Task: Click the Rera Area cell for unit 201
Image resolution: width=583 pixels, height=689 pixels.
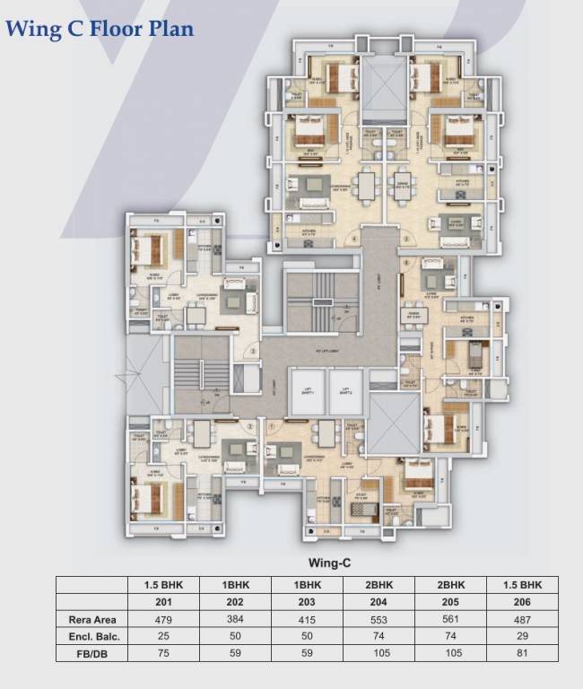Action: [x=163, y=619]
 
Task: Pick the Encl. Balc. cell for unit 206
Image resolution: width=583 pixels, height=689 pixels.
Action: [x=523, y=636]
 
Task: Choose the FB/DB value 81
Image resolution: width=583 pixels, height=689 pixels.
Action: [x=523, y=653]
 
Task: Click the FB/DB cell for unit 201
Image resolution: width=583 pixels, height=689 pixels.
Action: [x=163, y=653]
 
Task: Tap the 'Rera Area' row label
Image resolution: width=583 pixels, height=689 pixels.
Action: [x=93, y=619]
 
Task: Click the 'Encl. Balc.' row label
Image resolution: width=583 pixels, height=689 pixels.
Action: [x=93, y=636]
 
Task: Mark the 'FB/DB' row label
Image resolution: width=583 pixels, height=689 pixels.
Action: [x=93, y=653]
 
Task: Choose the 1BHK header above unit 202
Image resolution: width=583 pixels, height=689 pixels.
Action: [x=235, y=585]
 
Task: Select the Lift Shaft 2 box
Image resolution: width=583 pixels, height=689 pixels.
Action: [x=345, y=393]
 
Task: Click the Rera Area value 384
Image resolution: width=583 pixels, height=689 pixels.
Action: [x=235, y=619]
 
